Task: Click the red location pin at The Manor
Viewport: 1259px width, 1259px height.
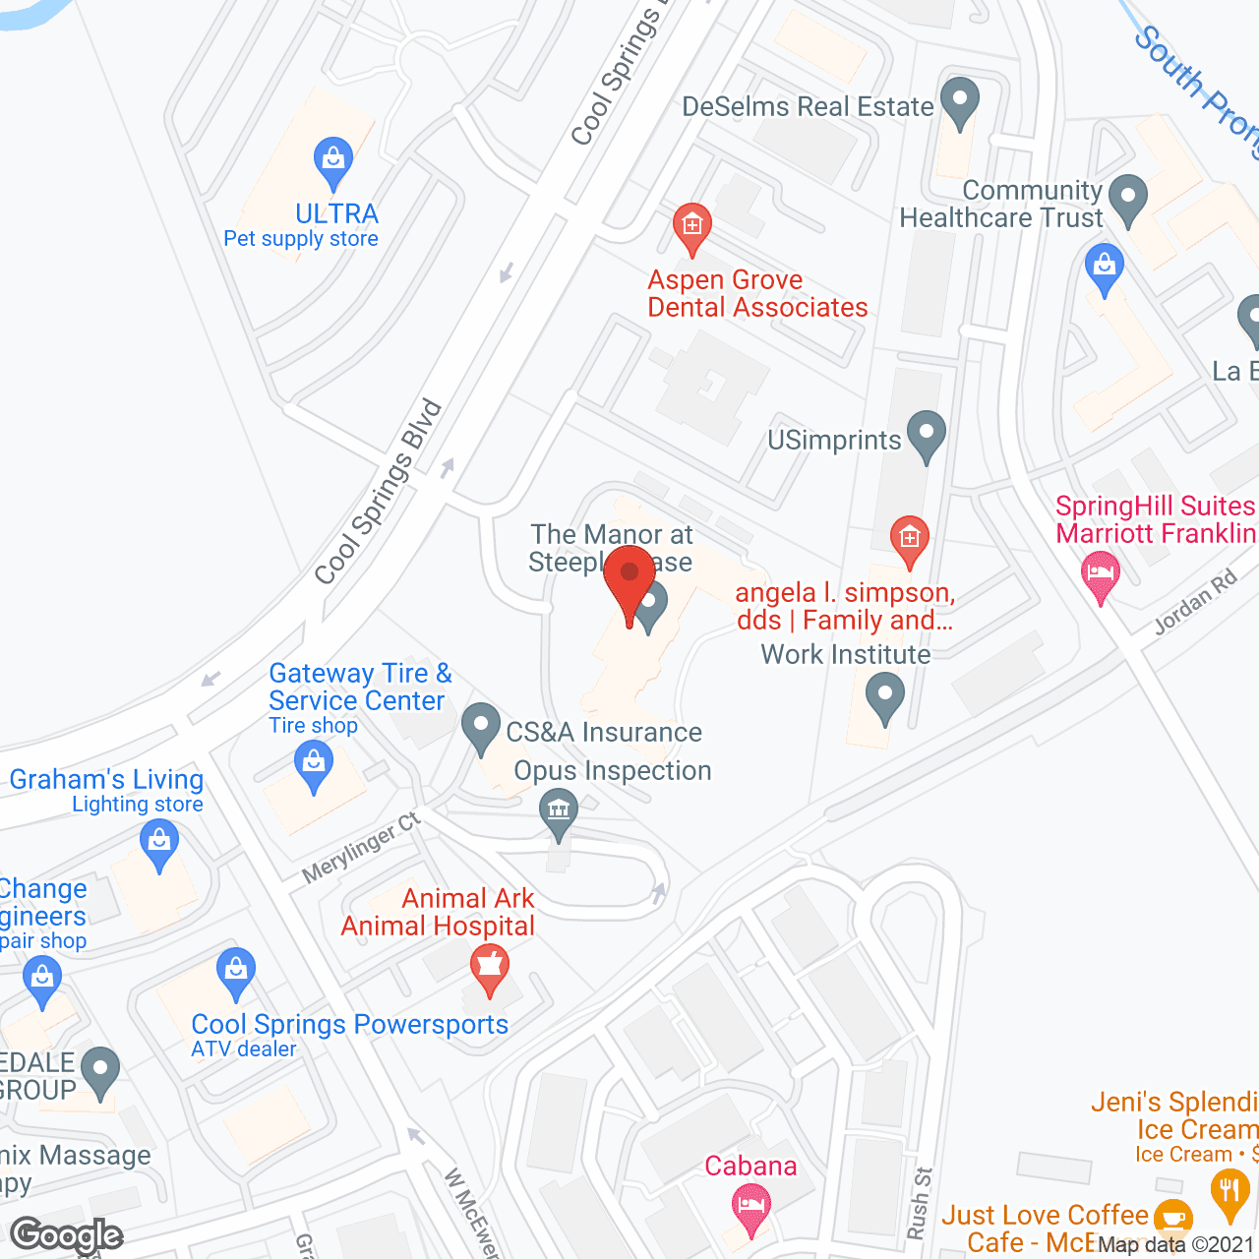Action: pos(629,580)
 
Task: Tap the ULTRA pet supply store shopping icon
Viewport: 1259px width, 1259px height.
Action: pos(333,161)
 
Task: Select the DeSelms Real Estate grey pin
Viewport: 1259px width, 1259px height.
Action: pos(959,101)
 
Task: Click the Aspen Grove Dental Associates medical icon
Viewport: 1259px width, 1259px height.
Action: pos(692,227)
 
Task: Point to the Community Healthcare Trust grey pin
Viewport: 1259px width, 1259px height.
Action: pos(1128,198)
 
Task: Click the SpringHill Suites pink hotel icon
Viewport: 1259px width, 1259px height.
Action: pos(1100,574)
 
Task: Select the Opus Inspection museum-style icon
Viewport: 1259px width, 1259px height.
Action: pos(559,812)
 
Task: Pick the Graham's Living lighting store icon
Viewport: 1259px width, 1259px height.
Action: pos(158,844)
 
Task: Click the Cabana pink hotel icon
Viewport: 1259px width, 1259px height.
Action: pos(751,1207)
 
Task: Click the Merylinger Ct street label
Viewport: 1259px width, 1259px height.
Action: pos(361,848)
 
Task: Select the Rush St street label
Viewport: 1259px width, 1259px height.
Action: pos(920,1203)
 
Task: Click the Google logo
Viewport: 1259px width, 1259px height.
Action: pos(67,1235)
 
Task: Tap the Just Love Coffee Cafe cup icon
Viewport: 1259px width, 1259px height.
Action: pos(1171,1219)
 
